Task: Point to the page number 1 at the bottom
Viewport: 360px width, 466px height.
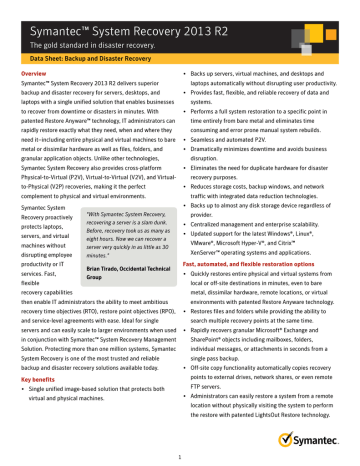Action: [x=180, y=457]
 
